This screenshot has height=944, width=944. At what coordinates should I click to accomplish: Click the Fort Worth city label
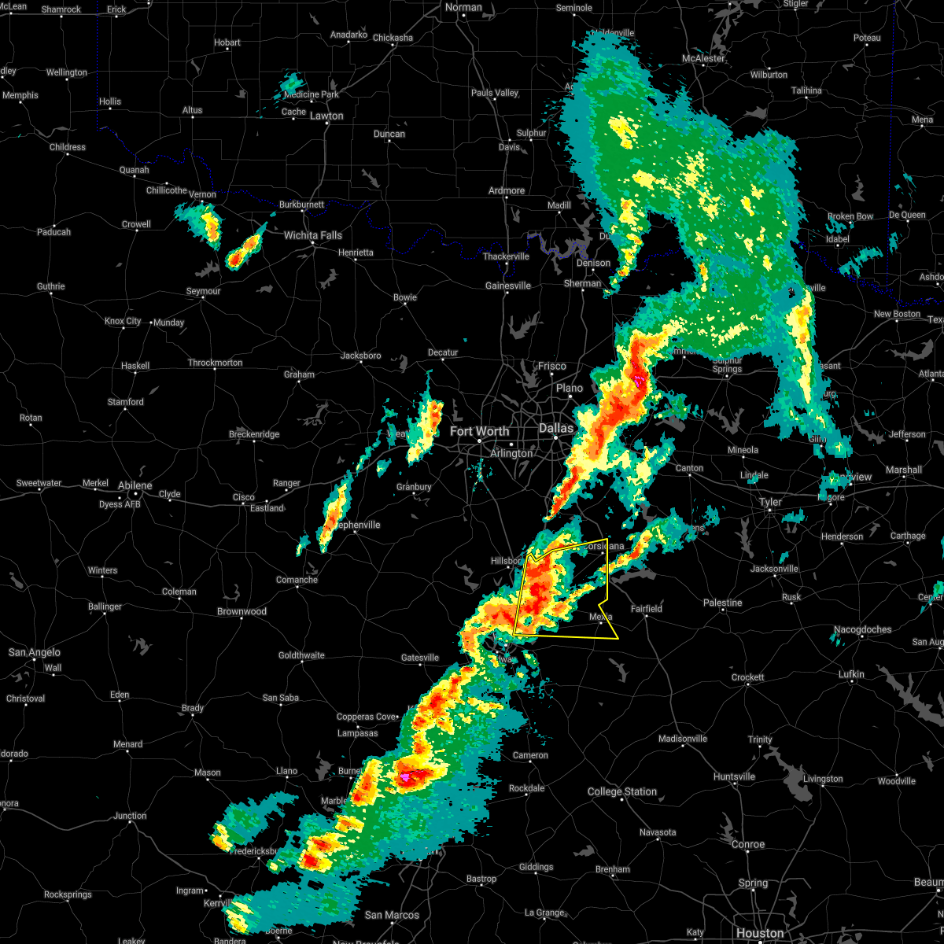(479, 431)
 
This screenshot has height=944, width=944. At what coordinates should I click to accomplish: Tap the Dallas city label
(555, 428)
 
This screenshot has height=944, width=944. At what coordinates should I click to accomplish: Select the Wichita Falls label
(313, 235)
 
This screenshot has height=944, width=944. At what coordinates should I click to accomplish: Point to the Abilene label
(135, 485)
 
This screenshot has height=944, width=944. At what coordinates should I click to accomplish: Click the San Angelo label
(34, 652)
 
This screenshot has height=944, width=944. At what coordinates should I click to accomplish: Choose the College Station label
(622, 791)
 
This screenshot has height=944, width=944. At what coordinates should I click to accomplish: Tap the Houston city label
(760, 933)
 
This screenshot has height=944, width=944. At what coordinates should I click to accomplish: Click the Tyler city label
(770, 502)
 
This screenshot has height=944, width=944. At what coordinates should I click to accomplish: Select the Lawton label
(326, 116)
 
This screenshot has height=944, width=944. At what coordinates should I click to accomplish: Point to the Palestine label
(722, 603)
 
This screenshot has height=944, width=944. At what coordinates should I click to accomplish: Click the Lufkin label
(851, 674)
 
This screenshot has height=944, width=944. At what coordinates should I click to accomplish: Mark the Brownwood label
(242, 611)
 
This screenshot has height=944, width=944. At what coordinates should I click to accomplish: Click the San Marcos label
(392, 915)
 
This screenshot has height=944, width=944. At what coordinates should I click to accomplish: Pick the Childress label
(68, 147)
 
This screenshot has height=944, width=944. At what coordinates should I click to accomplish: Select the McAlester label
(703, 58)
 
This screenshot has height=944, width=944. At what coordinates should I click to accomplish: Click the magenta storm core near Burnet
(406, 776)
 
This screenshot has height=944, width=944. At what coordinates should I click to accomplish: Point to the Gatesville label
(419, 658)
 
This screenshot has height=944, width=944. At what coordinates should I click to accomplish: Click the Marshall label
(903, 470)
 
